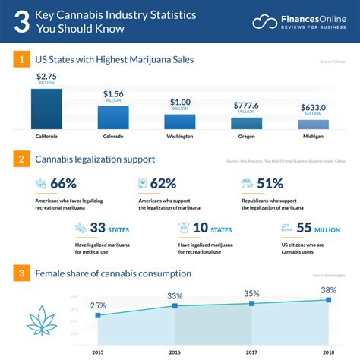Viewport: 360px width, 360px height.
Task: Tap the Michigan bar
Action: (313, 125)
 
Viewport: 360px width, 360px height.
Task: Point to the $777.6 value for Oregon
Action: (247, 106)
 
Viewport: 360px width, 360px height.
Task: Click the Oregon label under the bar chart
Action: (247, 137)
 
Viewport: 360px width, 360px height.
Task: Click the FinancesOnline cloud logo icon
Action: (264, 21)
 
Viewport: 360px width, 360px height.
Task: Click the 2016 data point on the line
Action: (175, 306)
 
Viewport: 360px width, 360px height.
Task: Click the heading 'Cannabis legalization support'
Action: (96, 159)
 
